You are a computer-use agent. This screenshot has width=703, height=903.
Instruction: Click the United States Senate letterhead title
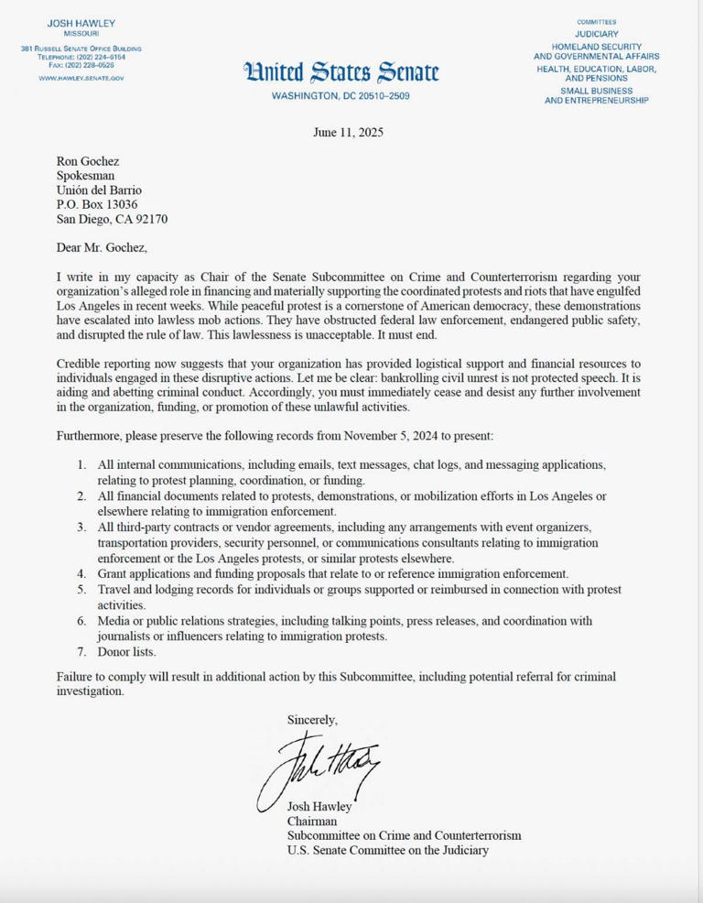341,71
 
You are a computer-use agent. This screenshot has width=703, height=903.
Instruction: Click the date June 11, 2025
348,132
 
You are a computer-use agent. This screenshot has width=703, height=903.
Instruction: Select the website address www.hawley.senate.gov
81,79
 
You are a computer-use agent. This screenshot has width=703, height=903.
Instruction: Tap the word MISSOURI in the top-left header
81,33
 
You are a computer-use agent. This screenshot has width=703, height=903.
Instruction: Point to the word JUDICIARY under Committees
596,34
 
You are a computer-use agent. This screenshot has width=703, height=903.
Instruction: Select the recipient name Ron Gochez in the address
88,161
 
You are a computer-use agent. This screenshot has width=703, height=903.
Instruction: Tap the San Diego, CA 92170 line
112,219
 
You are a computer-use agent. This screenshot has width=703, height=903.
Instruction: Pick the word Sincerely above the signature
312,720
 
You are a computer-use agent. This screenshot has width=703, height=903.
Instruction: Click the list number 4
81,574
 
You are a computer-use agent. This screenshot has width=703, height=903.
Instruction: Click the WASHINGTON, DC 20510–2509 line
341,96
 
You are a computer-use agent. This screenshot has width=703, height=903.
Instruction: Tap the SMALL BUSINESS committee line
596,90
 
